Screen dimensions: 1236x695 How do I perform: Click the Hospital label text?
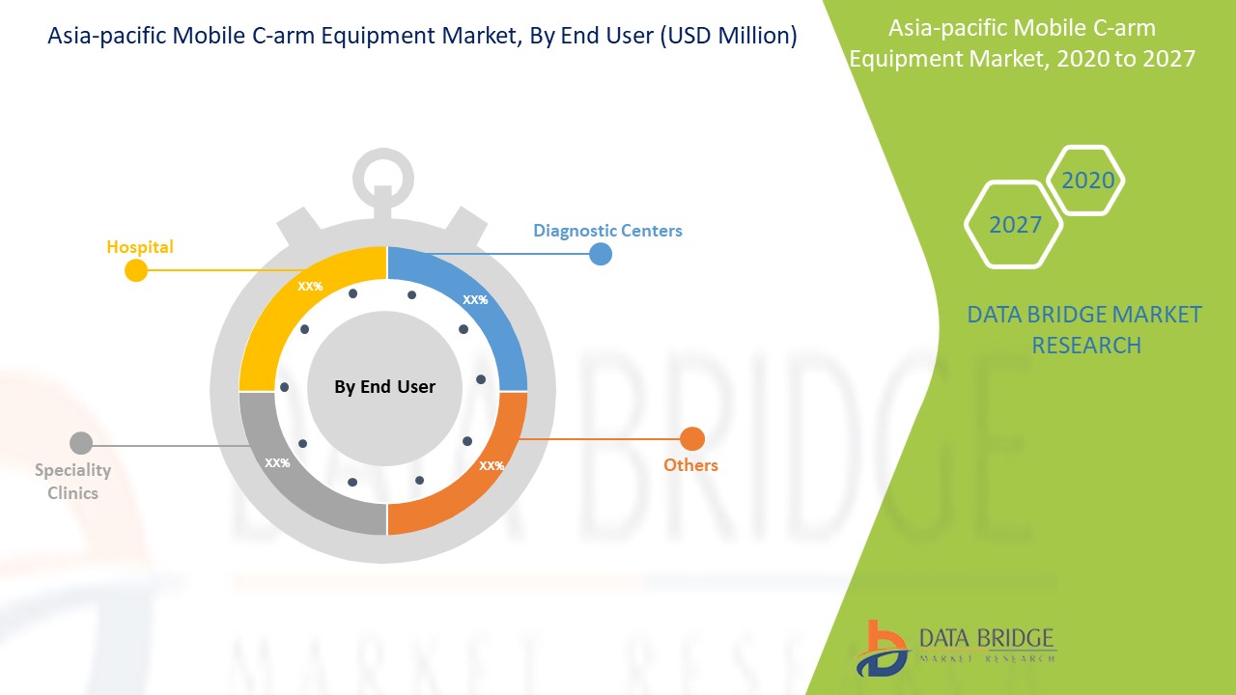[140, 246]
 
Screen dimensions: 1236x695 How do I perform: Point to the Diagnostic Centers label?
[607, 231]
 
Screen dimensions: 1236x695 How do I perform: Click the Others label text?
[690, 465]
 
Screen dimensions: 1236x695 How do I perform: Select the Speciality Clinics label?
[72, 481]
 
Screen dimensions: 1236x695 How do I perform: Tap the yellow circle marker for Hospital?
[136, 270]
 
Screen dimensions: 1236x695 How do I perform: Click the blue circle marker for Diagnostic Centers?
[601, 254]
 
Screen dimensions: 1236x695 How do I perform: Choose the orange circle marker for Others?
[692, 439]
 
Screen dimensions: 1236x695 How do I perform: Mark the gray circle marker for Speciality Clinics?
[81, 443]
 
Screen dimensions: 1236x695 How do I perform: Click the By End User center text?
[384, 387]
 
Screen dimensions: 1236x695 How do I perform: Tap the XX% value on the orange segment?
[492, 465]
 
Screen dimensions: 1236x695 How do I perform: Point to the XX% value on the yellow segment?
[310, 287]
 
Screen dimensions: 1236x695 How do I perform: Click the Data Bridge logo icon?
[882, 649]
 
